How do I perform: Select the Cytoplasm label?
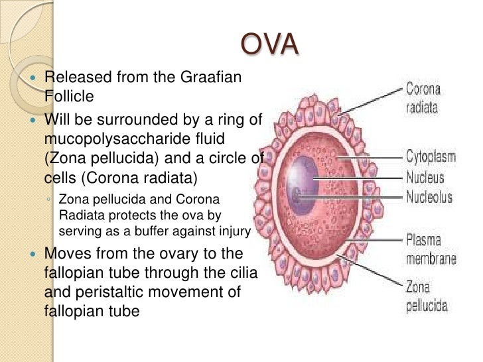(x=432, y=157)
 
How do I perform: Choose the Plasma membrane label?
(x=431, y=249)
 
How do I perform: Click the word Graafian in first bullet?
(x=207, y=78)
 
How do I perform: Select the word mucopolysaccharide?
(x=111, y=140)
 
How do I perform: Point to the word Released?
(x=79, y=78)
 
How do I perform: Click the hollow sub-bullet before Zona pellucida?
(x=50, y=200)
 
